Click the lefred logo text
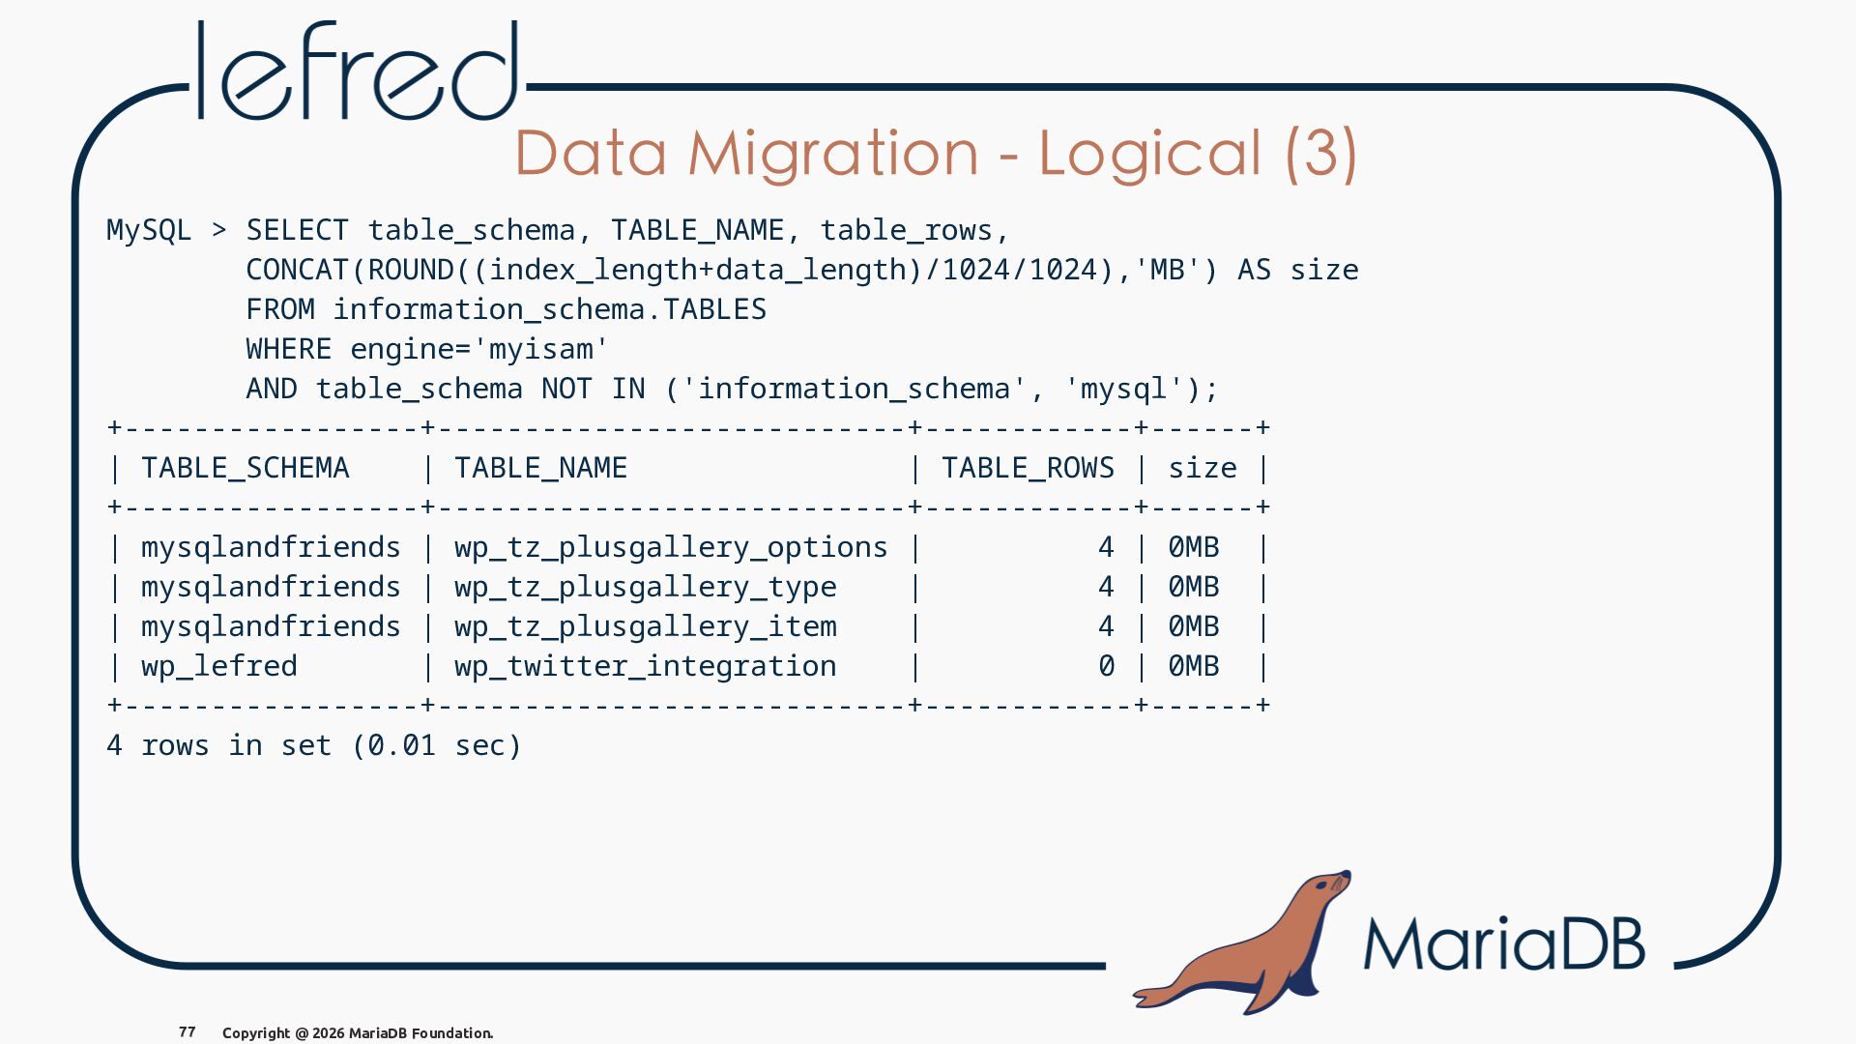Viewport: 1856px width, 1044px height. point(358,71)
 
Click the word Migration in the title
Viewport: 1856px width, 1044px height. point(833,154)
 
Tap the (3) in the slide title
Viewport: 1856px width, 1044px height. point(1321,153)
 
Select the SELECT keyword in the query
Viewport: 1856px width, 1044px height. point(297,230)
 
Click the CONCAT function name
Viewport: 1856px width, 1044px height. point(297,270)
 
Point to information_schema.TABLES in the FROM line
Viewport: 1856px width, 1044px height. point(550,309)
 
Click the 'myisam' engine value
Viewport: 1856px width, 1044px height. point(541,350)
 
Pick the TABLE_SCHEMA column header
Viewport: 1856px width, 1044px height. point(246,469)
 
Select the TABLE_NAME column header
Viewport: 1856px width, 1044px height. point(541,469)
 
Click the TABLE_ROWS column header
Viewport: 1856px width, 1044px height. point(1029,469)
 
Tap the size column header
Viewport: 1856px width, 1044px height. point(1203,469)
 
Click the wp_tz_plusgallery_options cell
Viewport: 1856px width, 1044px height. point(671,548)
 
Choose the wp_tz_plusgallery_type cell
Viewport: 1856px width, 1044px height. point(646,588)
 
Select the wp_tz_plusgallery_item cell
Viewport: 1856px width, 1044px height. point(646,627)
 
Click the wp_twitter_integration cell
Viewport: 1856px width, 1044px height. point(646,667)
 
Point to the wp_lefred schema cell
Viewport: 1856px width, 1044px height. point(219,667)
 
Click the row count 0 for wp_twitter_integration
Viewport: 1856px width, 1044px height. point(1106,667)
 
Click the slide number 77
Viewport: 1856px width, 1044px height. point(188,1032)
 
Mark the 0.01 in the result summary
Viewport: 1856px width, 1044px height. point(401,746)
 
